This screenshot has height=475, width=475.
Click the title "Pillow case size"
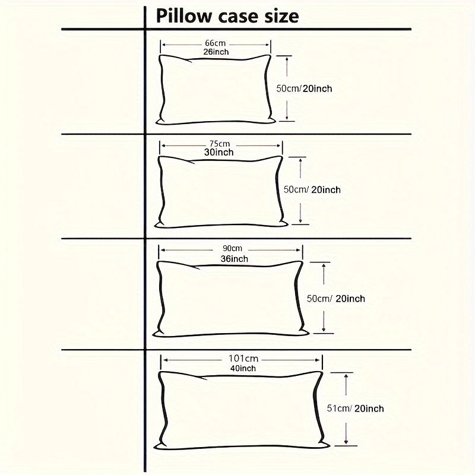tap(227, 16)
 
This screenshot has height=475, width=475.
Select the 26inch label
tap(216, 52)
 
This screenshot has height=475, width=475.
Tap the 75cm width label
tap(220, 144)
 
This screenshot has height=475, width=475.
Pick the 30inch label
tap(218, 153)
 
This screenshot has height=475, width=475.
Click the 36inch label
tap(233, 259)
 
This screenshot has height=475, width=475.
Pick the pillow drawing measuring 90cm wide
tap(232, 299)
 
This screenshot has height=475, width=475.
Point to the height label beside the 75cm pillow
tap(312, 190)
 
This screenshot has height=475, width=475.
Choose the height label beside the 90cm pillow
tap(334, 299)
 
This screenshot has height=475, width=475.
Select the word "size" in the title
tap(278, 16)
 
